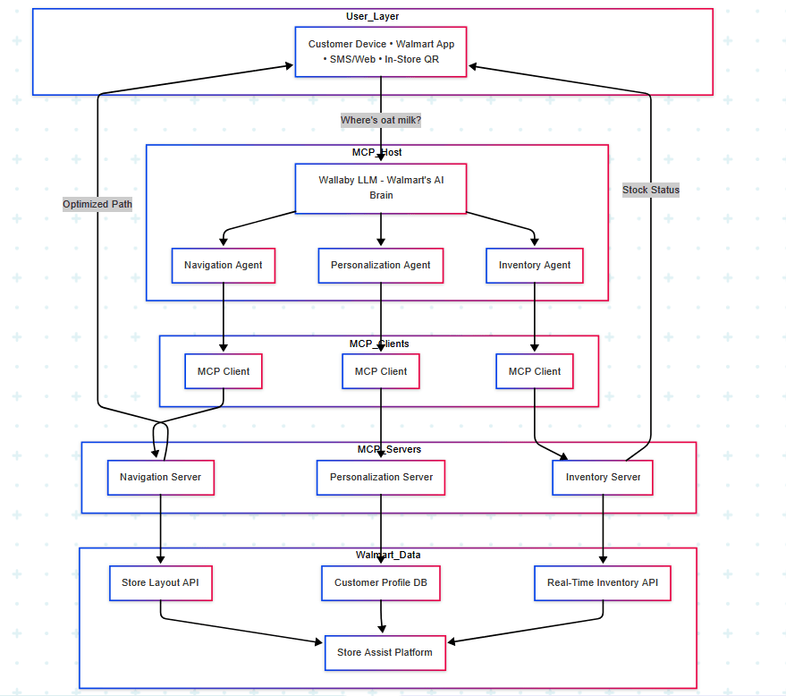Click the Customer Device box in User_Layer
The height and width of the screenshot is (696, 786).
[381, 51]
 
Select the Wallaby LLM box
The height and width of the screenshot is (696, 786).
[381, 188]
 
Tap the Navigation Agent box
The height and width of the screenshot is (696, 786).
[223, 266]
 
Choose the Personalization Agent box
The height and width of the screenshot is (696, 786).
[381, 266]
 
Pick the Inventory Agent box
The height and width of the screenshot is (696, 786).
[535, 266]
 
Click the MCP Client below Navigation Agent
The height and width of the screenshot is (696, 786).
[223, 371]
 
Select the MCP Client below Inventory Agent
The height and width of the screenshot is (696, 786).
[535, 371]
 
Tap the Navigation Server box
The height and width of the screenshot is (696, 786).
[161, 478]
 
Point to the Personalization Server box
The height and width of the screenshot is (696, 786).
[381, 478]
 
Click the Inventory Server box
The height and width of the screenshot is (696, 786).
[603, 478]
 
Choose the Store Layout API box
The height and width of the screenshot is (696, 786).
[161, 583]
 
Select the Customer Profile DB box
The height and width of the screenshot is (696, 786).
[381, 583]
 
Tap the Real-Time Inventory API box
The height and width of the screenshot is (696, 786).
[603, 583]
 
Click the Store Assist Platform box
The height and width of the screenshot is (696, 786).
[385, 653]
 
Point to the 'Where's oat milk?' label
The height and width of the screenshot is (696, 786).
[381, 120]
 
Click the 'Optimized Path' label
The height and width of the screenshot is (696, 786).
[97, 204]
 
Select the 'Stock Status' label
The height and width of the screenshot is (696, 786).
[651, 190]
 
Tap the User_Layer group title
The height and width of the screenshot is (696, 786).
[373, 17]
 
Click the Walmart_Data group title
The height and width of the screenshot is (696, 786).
[388, 556]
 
